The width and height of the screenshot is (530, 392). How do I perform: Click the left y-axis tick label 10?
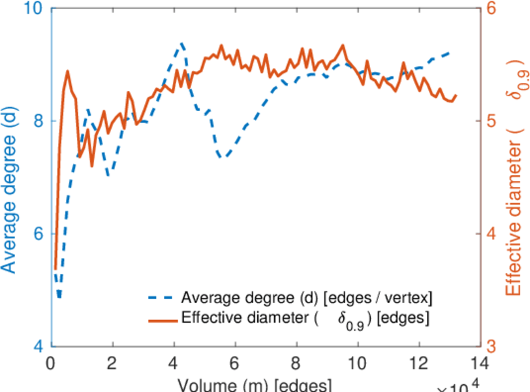pos(33,10)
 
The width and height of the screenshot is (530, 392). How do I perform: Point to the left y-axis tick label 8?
pos(38,122)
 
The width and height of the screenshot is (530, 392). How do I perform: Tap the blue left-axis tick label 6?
pos(38,234)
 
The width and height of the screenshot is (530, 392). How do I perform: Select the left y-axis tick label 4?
pos(38,346)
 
